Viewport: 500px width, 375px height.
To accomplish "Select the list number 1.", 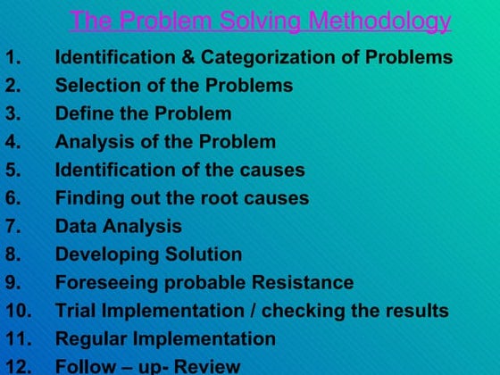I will tap(12, 59).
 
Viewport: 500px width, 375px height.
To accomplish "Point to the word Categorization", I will tap(264, 59).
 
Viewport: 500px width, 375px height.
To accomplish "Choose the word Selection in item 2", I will tap(94, 87).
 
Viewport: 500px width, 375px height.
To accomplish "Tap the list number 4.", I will tap(12, 142).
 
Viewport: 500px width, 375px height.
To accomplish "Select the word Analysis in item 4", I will tap(90, 142).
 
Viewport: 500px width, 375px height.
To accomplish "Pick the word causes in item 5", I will tap(272, 170).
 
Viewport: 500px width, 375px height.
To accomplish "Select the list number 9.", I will tap(12, 283).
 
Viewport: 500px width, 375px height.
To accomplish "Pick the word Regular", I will tap(90, 339).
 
